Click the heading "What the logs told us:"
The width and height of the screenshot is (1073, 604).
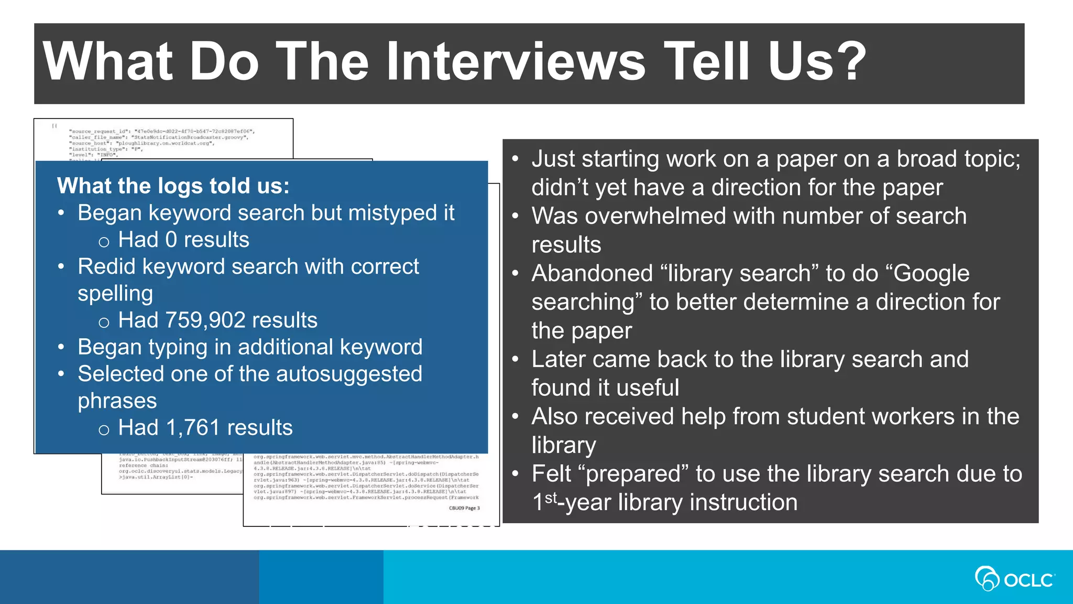173,186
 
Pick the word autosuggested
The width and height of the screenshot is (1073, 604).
349,374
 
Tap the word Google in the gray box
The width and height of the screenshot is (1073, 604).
932,274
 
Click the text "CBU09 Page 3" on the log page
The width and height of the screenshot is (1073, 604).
464,508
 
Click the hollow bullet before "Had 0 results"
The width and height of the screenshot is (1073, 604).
104,242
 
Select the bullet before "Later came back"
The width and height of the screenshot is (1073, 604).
516,360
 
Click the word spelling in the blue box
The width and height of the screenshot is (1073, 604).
115,294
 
